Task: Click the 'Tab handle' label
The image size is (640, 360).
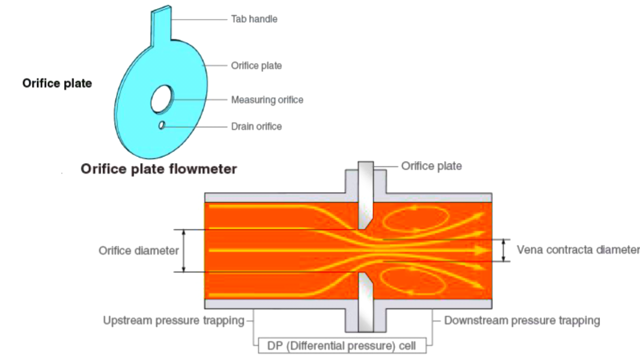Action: [254, 19]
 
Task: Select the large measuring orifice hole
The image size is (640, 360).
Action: [162, 99]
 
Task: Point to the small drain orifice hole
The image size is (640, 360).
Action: [161, 125]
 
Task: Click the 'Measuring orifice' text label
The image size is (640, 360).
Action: [267, 100]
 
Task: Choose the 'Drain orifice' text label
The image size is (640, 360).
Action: [256, 126]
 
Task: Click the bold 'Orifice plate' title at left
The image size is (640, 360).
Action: [57, 83]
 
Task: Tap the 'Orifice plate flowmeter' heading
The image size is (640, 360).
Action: [158, 169]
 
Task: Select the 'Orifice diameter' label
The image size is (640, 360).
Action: [138, 250]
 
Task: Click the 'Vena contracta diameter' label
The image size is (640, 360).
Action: [577, 249]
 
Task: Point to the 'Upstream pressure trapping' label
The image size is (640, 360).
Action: [173, 320]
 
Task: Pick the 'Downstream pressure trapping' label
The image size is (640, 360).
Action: [522, 320]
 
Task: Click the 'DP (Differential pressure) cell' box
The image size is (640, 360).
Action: [341, 345]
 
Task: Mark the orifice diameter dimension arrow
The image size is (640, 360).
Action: [184, 250]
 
